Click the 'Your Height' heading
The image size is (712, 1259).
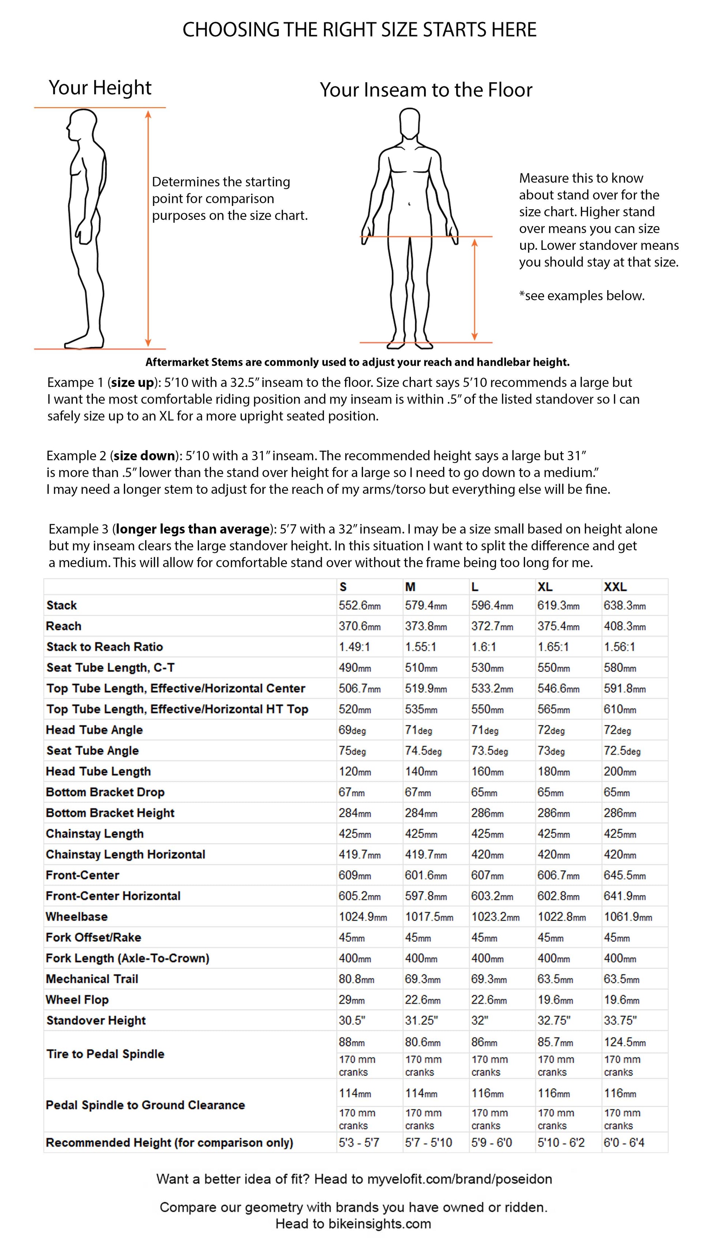click(100, 88)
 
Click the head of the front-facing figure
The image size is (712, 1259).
click(409, 123)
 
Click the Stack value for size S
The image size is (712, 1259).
click(359, 606)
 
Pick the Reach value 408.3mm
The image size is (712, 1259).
click(625, 626)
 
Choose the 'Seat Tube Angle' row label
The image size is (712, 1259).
click(93, 751)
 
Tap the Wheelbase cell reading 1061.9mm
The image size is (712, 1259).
click(628, 917)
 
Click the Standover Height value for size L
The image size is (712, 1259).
click(480, 1021)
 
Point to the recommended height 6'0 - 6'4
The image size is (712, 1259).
click(624, 1143)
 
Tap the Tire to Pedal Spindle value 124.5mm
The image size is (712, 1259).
click(625, 1042)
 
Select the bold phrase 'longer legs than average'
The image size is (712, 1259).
click(193, 529)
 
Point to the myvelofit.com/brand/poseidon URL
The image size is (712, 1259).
click(459, 1179)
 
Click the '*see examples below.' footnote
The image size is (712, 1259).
click(581, 296)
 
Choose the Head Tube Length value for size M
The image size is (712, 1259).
click(421, 772)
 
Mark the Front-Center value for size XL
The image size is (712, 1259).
click(558, 875)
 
